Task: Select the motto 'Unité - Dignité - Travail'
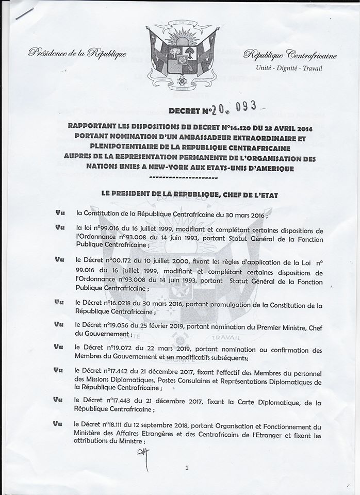click(x=289, y=69)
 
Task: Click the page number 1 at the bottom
click(x=187, y=468)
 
